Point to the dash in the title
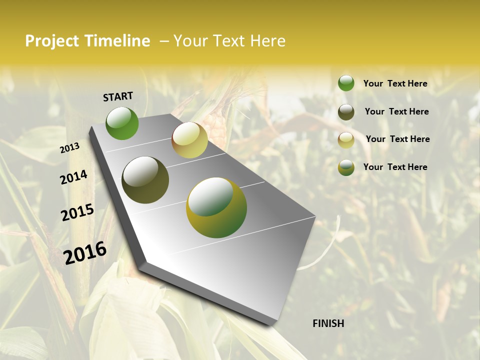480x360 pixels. click(x=163, y=41)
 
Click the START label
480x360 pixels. click(x=118, y=96)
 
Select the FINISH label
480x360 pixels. click(x=328, y=323)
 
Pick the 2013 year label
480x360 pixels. click(x=69, y=148)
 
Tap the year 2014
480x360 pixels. click(x=73, y=177)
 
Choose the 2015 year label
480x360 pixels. click(x=77, y=212)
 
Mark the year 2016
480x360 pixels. click(x=85, y=252)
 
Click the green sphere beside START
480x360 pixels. click(x=122, y=123)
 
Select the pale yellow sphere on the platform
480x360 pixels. click(x=189, y=140)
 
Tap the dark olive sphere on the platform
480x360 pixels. click(x=145, y=180)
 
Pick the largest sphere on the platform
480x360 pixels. click(x=216, y=207)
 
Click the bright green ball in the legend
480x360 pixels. click(x=346, y=83)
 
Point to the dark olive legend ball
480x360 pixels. click(x=346, y=112)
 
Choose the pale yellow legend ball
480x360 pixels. click(x=346, y=140)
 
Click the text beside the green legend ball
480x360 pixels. click(x=395, y=83)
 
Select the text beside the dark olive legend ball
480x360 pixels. click(x=396, y=111)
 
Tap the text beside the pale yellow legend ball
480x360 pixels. click(x=397, y=139)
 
